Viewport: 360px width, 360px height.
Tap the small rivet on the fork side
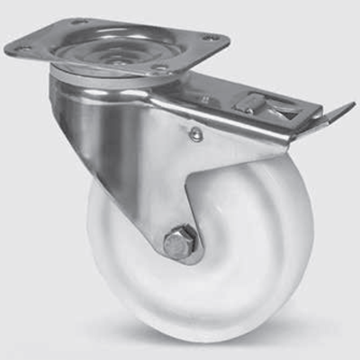point(194,136)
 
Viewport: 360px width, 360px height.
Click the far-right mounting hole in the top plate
point(212,38)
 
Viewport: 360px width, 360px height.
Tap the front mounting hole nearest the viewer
point(160,68)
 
